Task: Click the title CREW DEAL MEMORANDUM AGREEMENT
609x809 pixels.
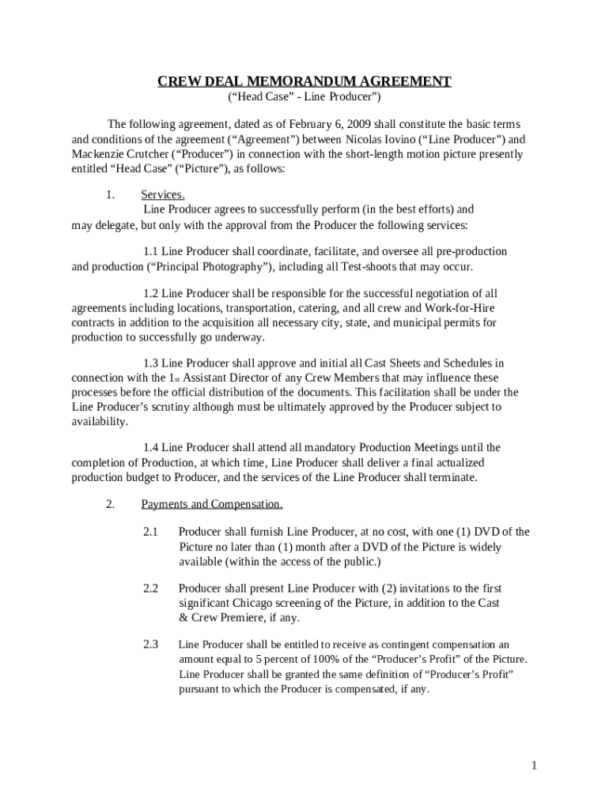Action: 304,81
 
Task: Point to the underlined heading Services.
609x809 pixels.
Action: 163,195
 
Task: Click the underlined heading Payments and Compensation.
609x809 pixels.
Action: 211,504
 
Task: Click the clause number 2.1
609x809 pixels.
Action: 151,532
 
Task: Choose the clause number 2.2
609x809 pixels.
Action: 151,589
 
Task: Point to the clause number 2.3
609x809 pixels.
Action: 151,645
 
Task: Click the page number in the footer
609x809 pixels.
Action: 535,766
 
